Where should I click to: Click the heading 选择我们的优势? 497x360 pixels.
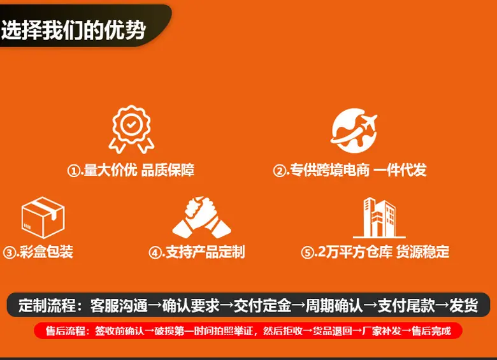point(73,30)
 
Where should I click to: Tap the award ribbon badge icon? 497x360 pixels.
point(131,129)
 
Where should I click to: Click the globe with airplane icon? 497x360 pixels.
point(354,131)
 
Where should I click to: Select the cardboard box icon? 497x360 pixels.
point(43,217)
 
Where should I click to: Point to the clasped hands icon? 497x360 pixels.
point(201,217)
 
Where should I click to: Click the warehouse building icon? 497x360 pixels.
point(379,218)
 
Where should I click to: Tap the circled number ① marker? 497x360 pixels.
point(73,171)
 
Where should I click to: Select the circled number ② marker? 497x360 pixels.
point(279,171)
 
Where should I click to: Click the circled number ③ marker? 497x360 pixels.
point(9,253)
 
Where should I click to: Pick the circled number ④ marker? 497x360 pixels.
point(155,253)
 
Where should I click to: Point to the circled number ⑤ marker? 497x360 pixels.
point(307,253)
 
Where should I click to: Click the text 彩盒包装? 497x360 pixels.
point(47,252)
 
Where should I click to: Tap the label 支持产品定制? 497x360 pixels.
point(205,252)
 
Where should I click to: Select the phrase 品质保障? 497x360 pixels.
point(168,170)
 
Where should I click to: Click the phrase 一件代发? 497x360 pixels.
point(400,170)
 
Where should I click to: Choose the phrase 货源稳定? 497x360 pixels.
point(423,252)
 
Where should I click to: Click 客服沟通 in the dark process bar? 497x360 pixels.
point(119,306)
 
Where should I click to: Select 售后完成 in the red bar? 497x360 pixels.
point(431,331)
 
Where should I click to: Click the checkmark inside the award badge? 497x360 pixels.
point(131,124)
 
